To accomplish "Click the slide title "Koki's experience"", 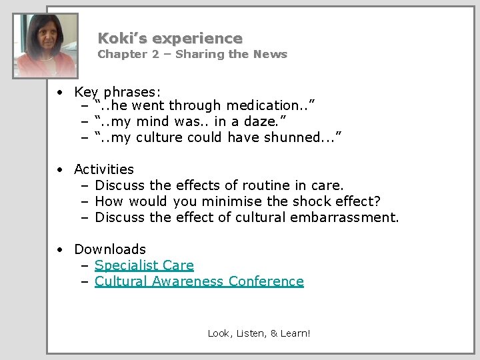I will pyautogui.click(x=170, y=39).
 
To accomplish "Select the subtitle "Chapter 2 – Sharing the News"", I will pyautogui.click(x=192, y=55).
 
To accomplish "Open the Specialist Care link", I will pyautogui.click(x=144, y=265).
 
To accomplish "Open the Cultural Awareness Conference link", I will pyautogui.click(x=199, y=281).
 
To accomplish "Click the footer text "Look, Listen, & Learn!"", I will pyautogui.click(x=259, y=333).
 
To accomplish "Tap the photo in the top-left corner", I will pyautogui.click(x=46, y=45).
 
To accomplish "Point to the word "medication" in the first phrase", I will pyautogui.click(x=262, y=105).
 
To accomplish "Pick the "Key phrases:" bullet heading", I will pyautogui.click(x=117, y=92).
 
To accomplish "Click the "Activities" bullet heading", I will pyautogui.click(x=104, y=169).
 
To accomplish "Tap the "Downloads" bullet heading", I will pyautogui.click(x=110, y=249).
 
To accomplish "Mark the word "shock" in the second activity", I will pyautogui.click(x=311, y=201).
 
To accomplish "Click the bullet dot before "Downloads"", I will pyautogui.click(x=59, y=249).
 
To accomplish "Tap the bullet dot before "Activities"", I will pyautogui.click(x=59, y=169).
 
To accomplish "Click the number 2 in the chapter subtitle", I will pyautogui.click(x=155, y=55).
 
